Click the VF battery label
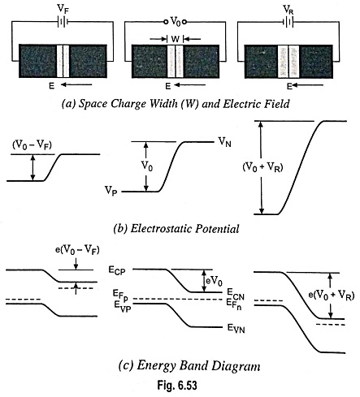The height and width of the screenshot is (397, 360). [63, 9]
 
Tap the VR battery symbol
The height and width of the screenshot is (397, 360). [288, 22]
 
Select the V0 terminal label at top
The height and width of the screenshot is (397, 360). [176, 21]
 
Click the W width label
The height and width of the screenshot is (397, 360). [176, 39]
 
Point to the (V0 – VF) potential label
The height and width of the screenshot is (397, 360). [32, 145]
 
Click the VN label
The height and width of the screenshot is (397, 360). [225, 141]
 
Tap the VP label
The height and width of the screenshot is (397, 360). [111, 191]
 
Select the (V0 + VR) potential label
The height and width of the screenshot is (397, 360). [262, 167]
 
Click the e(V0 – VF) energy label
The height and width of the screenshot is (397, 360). [77, 250]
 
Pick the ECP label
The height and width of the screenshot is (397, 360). [117, 270]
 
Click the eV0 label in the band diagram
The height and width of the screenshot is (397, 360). [214, 281]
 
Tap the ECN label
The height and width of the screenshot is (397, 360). [236, 294]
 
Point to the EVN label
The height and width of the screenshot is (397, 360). [236, 329]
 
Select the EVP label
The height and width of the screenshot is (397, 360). [123, 307]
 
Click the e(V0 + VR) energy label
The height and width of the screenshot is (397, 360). [332, 295]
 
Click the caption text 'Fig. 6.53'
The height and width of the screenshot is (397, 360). [177, 385]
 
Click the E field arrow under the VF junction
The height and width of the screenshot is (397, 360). [76, 85]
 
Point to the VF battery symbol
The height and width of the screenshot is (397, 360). [63, 22]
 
